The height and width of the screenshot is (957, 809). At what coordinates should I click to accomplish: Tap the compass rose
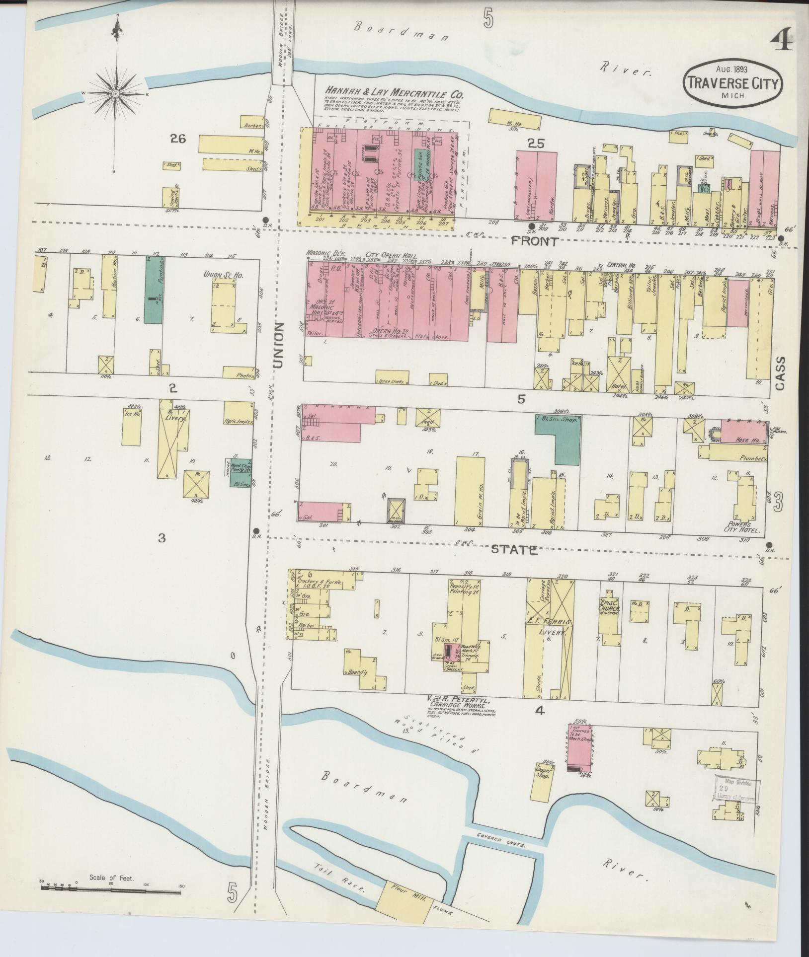(116, 93)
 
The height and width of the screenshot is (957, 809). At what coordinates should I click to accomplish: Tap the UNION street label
(279, 345)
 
